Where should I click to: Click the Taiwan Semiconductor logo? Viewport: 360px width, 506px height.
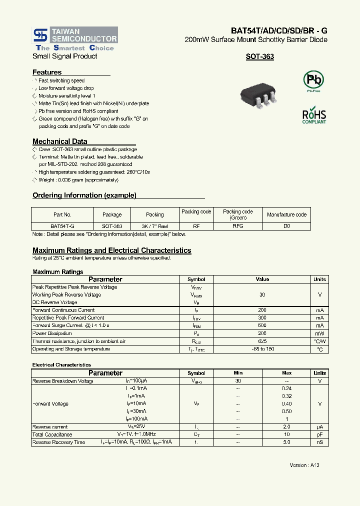tap(75, 38)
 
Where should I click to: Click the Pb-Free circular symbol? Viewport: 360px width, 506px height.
tap(314, 80)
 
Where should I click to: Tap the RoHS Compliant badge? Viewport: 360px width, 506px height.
tap(314, 115)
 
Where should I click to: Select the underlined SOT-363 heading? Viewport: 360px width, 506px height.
tap(259, 57)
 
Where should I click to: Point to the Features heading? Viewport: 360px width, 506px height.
tap(47, 72)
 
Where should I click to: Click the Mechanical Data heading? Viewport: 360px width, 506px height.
tap(59, 141)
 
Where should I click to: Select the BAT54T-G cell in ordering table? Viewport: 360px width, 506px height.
tap(62, 226)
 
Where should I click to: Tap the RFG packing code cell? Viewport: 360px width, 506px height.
tap(238, 226)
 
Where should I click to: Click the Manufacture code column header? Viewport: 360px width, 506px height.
tap(286, 214)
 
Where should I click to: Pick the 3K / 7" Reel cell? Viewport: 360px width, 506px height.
tap(154, 226)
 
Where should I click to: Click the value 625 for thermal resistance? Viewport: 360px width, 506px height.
tap(262, 341)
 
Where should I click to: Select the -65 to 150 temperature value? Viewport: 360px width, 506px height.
tap(262, 349)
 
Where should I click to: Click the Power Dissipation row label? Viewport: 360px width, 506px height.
tap(52, 333)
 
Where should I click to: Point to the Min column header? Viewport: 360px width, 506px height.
tap(238, 373)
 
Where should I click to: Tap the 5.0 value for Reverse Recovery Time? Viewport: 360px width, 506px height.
tap(286, 442)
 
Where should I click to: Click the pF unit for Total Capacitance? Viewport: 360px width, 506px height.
tap(319, 434)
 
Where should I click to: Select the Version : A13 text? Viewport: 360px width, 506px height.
tap(304, 465)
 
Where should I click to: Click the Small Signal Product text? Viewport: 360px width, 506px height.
tap(65, 56)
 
